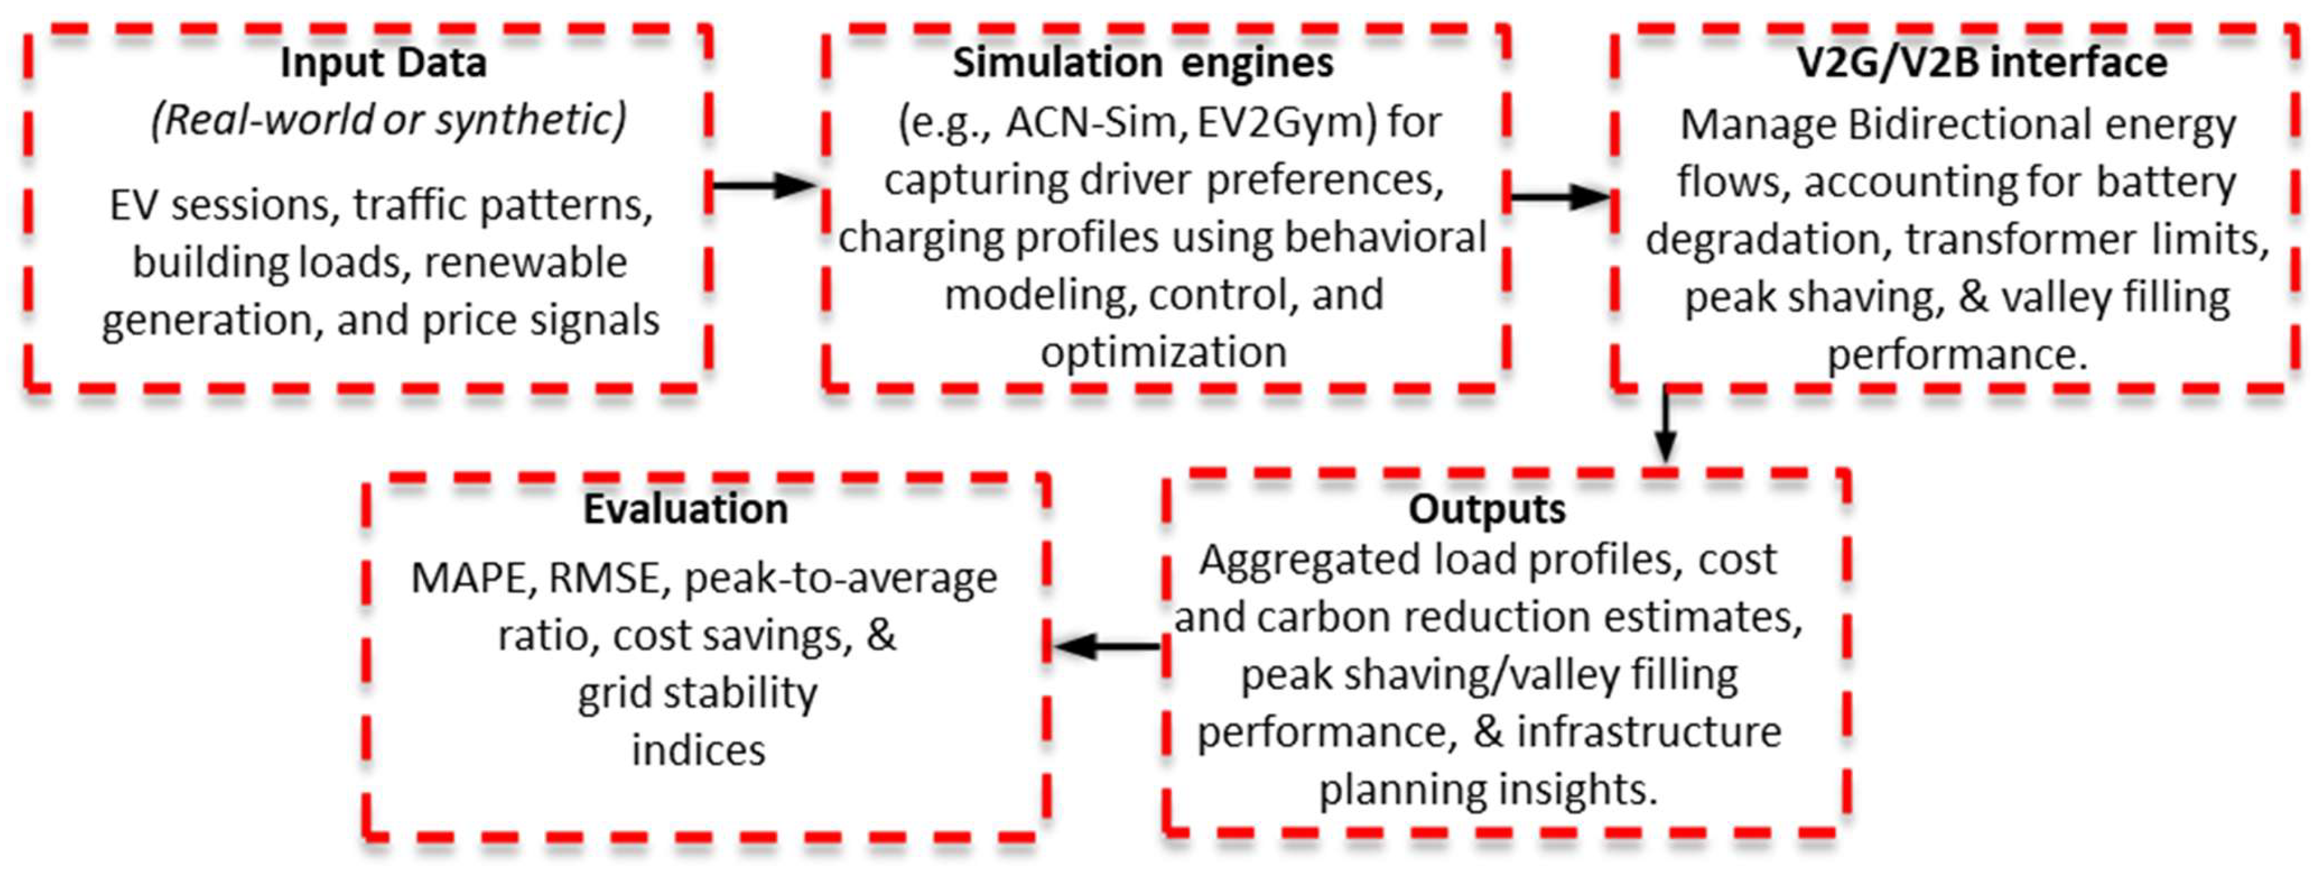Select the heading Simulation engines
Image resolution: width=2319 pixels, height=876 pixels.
pos(1143,63)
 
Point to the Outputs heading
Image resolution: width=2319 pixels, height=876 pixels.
pos(1486,510)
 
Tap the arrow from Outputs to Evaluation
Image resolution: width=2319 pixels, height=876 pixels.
pos(1107,646)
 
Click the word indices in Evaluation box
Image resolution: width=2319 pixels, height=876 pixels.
pos(698,750)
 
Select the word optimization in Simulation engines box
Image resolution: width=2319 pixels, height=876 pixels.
pos(1163,352)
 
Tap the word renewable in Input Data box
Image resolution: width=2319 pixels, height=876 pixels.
pos(525,263)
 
